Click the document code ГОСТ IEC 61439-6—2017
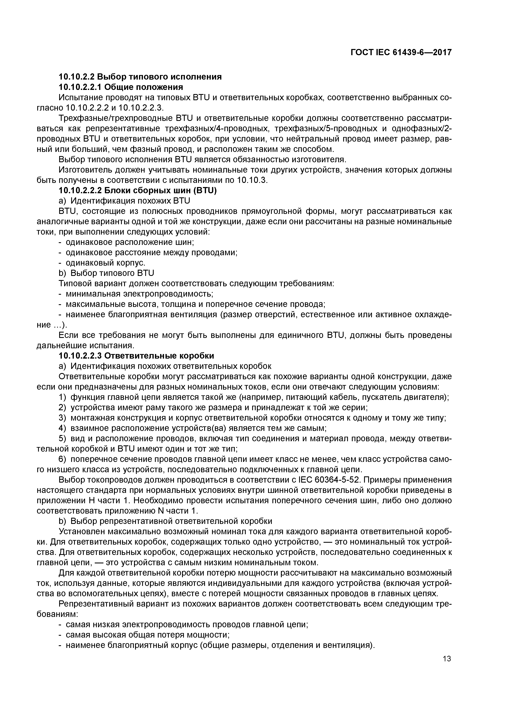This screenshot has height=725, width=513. (x=401, y=52)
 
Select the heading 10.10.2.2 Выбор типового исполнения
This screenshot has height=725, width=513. (x=140, y=77)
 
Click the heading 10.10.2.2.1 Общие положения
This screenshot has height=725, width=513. (x=121, y=87)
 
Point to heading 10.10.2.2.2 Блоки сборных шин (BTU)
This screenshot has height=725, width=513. (x=138, y=191)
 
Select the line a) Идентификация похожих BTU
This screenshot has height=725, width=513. (x=125, y=201)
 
